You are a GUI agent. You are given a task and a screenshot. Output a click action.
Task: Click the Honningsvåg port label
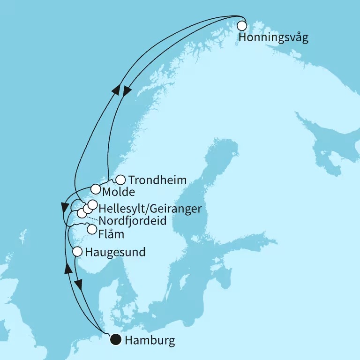click(x=273, y=38)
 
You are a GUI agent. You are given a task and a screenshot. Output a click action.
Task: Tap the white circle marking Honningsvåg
click(x=242, y=26)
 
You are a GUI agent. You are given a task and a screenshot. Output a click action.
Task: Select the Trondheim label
click(x=157, y=180)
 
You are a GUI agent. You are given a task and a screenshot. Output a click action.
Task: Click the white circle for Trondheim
click(x=120, y=180)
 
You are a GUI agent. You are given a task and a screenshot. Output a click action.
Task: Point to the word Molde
click(x=120, y=192)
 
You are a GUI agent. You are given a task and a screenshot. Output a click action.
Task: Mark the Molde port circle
click(x=96, y=189)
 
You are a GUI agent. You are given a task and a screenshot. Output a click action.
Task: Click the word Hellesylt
click(x=119, y=208)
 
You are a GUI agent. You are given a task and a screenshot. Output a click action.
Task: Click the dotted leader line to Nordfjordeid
click(x=93, y=218)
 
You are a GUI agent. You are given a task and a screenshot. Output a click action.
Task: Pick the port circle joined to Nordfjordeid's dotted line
click(x=82, y=213)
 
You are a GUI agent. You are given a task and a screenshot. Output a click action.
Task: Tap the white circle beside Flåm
click(x=92, y=230)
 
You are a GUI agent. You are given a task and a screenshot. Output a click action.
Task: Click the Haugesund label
click(x=115, y=252)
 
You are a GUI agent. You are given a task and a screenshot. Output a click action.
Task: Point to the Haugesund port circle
click(x=78, y=252)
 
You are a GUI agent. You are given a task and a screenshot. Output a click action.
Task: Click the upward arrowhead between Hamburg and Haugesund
click(x=67, y=269)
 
